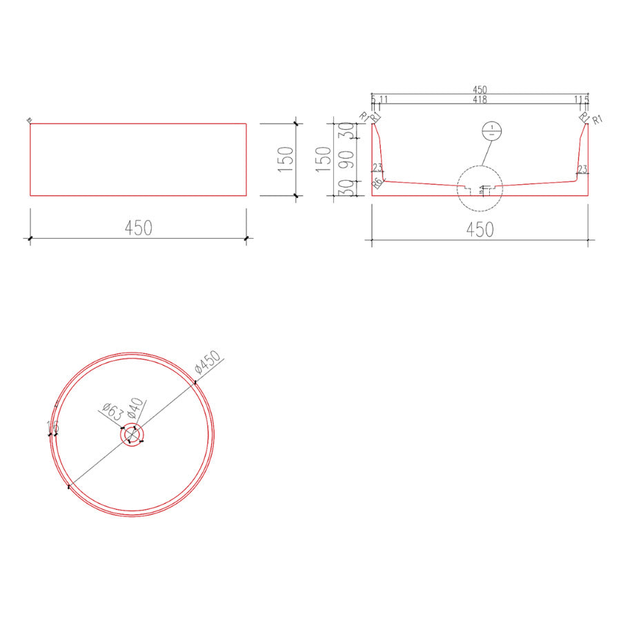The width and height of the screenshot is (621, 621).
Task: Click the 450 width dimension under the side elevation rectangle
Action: pos(138,227)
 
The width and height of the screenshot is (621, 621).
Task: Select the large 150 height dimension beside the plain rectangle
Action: pos(286,159)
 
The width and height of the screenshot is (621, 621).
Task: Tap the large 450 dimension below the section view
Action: pos(480,229)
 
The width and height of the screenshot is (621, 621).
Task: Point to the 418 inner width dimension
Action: pos(480,100)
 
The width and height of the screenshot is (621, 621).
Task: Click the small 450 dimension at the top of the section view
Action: pos(480,90)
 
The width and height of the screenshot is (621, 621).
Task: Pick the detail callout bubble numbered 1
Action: pos(490,130)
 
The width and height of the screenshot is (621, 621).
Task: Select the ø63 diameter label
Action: pos(112,411)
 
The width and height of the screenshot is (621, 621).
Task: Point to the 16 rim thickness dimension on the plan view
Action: pos(51,428)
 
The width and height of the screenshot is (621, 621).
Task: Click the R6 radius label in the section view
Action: pos(377,184)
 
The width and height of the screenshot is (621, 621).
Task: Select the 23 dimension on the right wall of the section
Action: pos(582,169)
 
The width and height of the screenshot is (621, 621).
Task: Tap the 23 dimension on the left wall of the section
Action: pos(377,168)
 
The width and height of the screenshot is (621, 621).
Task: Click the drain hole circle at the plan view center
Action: pos(132,435)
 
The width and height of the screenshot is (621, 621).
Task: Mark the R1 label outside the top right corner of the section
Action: pos(598,120)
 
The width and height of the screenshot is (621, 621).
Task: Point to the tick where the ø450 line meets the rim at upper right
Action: pos(196,382)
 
